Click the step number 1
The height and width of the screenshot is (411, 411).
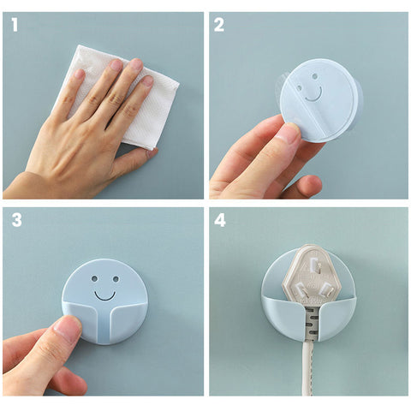point(15,25)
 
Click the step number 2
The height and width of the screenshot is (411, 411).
point(219,25)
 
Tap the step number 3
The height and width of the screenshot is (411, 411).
point(17,220)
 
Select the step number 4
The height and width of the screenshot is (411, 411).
point(220,220)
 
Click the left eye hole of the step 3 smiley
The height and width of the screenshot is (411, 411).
point(94,278)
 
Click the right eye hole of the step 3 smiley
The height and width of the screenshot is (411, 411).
point(116,279)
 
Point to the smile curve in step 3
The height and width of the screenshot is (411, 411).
point(104,297)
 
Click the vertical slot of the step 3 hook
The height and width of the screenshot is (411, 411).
point(104,327)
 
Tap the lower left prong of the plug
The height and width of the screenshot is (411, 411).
point(301,289)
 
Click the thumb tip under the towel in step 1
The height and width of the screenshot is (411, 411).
point(152,153)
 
